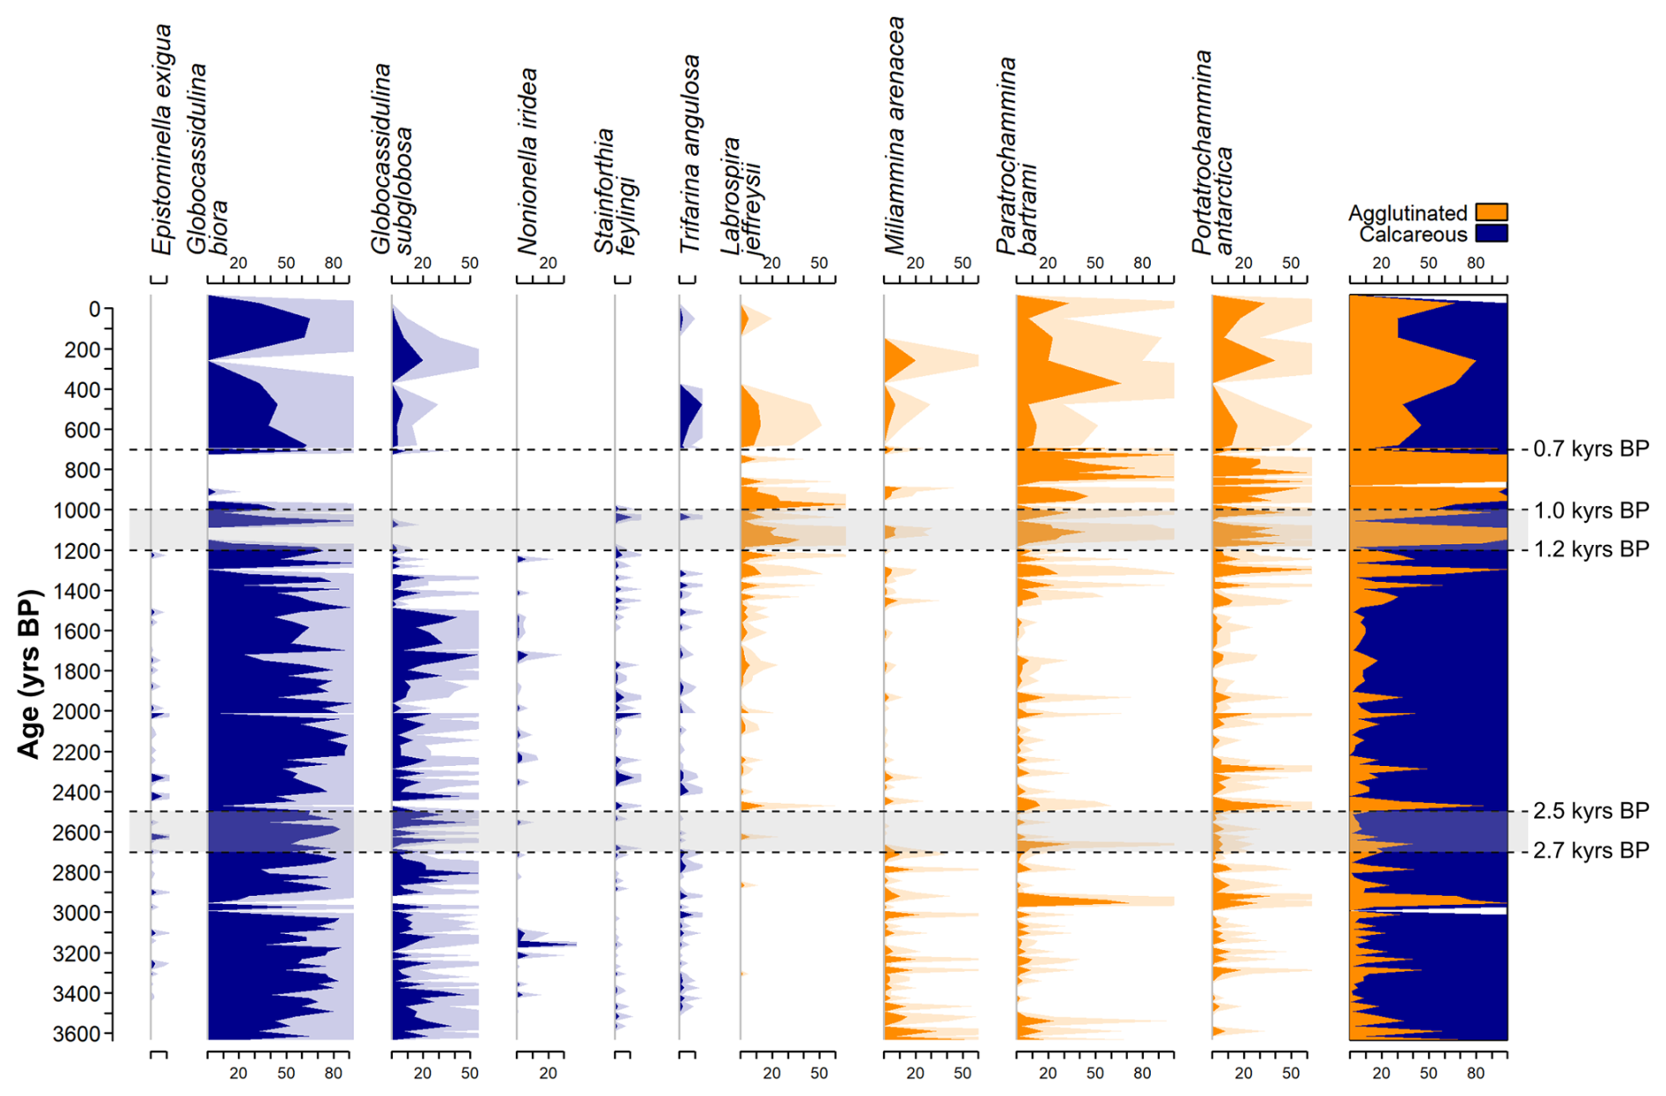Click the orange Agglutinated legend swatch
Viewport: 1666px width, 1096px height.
click(x=1491, y=212)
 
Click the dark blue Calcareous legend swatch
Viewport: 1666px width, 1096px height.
click(x=1491, y=233)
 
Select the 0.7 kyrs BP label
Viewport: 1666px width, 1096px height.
click(x=1590, y=449)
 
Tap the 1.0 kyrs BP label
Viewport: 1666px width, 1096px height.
click(x=1590, y=511)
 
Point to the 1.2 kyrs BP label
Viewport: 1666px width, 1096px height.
click(x=1590, y=549)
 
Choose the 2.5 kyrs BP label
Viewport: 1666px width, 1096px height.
click(x=1590, y=811)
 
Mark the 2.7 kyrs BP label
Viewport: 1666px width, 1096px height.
click(x=1590, y=850)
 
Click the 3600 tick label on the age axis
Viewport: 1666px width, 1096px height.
click(x=83, y=1033)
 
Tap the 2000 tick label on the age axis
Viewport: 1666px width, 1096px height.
click(x=83, y=711)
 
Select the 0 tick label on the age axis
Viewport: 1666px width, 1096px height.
click(x=94, y=310)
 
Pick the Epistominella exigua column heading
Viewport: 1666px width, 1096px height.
click(x=161, y=141)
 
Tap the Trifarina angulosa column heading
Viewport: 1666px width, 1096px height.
click(x=690, y=154)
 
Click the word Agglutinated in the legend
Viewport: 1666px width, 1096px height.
click(x=1407, y=213)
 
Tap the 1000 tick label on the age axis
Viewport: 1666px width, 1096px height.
click(x=83, y=511)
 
